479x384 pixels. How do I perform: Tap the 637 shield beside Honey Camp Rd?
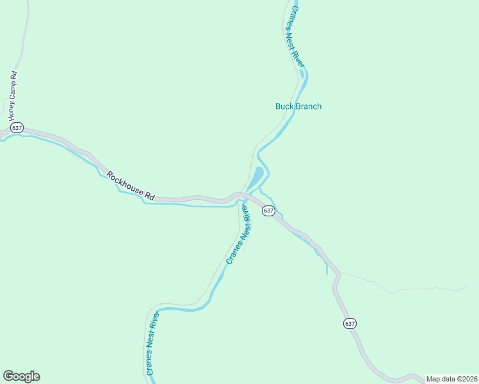(x=17, y=128)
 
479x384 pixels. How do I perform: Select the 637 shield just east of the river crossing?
(x=268, y=211)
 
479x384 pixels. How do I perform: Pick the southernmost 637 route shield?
(x=350, y=323)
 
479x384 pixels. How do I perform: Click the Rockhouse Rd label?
(x=131, y=186)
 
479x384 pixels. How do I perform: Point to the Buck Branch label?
(x=298, y=106)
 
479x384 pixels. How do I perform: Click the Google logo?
(x=21, y=376)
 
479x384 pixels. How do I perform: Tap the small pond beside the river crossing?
(x=256, y=178)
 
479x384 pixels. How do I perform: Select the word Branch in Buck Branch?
(x=309, y=106)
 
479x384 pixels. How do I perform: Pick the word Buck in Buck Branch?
(x=283, y=106)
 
